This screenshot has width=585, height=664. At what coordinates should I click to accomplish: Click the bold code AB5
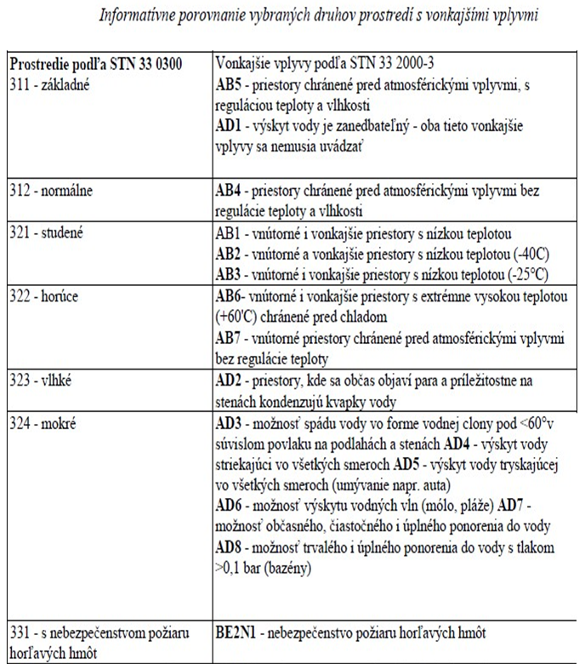(230, 86)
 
